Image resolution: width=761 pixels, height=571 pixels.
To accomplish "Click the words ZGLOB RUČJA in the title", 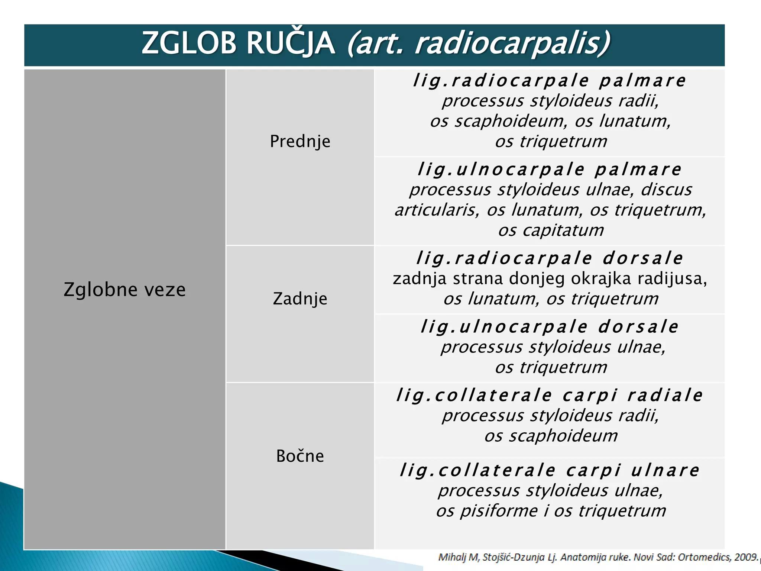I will pyautogui.click(x=238, y=43).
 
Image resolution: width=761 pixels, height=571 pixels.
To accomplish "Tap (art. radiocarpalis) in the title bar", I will pyautogui.click(x=479, y=43).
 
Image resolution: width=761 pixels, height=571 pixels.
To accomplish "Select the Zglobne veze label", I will pyautogui.click(x=124, y=290).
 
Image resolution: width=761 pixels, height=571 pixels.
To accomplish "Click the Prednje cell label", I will pyautogui.click(x=300, y=141).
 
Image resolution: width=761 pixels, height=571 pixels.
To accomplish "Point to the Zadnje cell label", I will pyautogui.click(x=300, y=299).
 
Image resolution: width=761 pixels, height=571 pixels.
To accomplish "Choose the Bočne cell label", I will pyautogui.click(x=300, y=456).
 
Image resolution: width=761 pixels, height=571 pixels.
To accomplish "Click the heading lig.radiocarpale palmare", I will pyautogui.click(x=550, y=81).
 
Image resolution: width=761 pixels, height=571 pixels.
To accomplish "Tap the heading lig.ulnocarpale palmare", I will pyautogui.click(x=550, y=170).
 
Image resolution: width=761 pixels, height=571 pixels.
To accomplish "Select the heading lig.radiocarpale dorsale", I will pyautogui.click(x=550, y=258).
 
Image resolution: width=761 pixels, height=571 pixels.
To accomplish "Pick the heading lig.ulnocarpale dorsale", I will pyautogui.click(x=550, y=327).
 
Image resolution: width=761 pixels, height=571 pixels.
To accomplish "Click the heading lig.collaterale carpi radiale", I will pyautogui.click(x=550, y=395).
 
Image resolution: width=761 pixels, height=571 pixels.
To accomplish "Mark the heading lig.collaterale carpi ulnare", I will pyautogui.click(x=550, y=470).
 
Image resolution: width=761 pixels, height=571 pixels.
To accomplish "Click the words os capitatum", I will pyautogui.click(x=551, y=230).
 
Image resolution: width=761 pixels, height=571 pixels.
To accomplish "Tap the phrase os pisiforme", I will pyautogui.click(x=487, y=511).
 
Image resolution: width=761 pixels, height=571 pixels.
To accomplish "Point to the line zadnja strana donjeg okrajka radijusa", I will pyautogui.click(x=550, y=278).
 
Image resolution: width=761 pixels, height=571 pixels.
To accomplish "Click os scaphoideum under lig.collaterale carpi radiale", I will pyautogui.click(x=551, y=436).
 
